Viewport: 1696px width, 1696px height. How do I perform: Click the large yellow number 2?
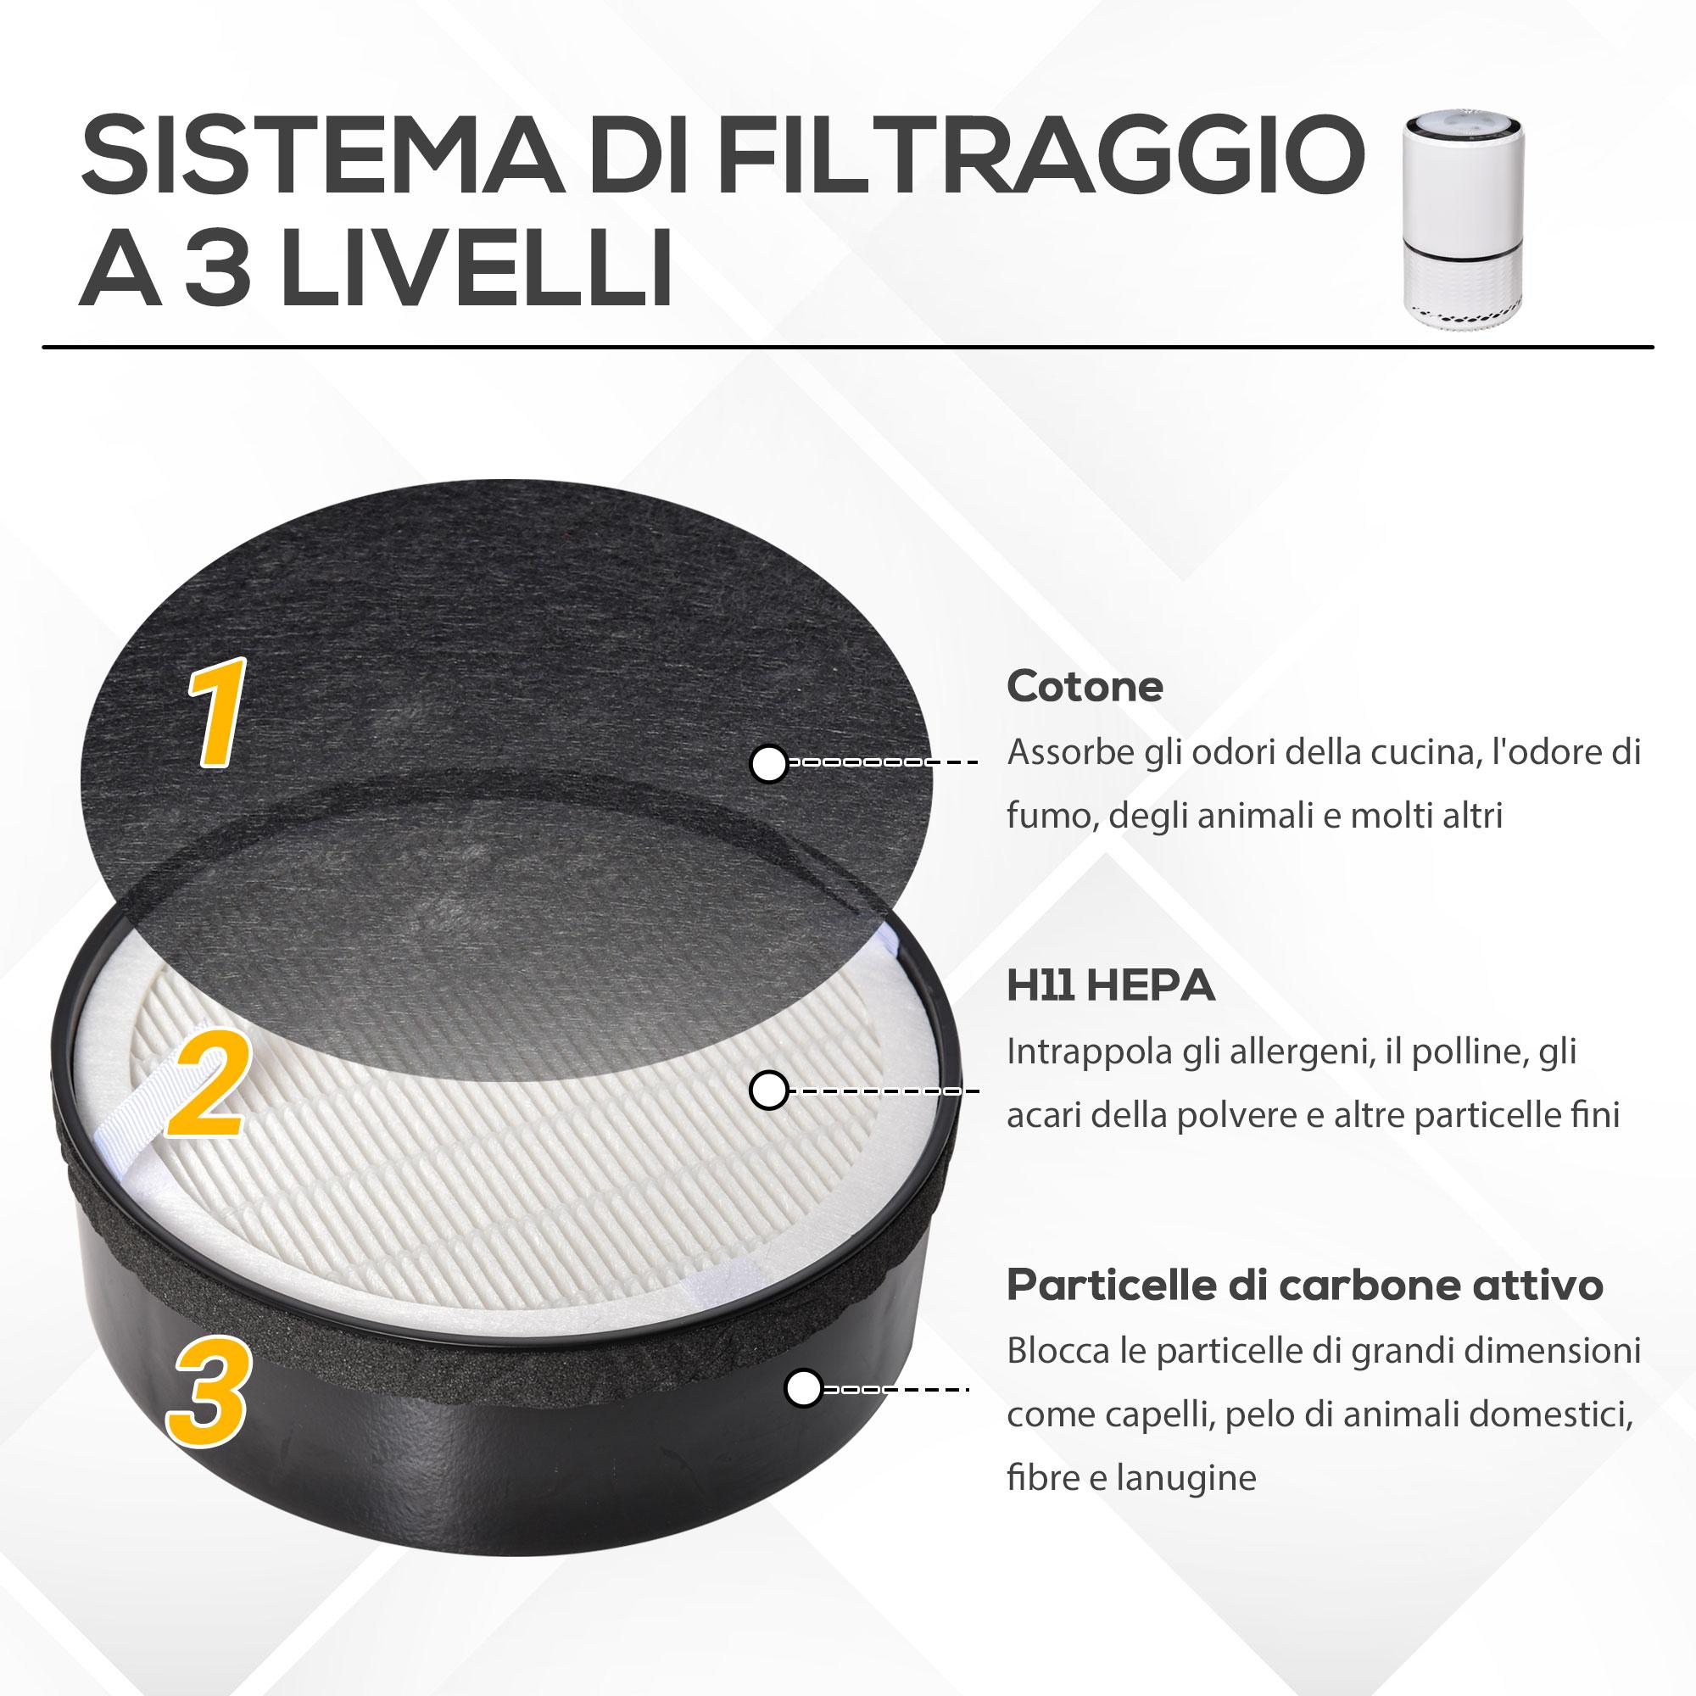208,1086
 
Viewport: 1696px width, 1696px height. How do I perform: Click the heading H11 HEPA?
1111,986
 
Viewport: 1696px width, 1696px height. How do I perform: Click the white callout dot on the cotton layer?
769,763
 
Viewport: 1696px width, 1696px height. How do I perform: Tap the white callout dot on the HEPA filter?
769,1091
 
